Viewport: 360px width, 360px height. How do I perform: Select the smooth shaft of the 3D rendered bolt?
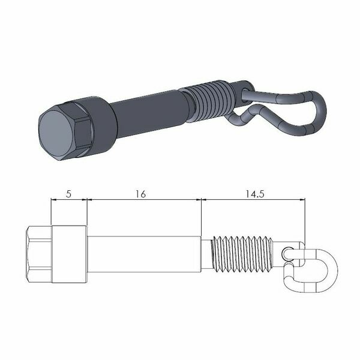coord(150,111)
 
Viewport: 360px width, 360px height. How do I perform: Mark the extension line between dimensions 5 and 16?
coord(88,213)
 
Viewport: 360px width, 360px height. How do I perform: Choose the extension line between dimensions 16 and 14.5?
coord(201,216)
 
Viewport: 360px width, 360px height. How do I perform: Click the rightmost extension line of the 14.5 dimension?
coord(305,219)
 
